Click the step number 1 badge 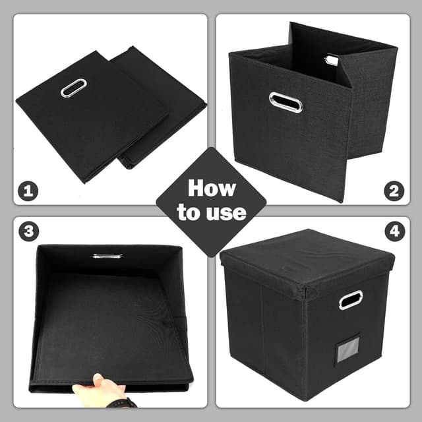click(x=28, y=192)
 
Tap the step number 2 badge click(x=394, y=192)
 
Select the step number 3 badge click(x=28, y=232)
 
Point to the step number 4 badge click(x=394, y=232)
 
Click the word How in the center click(x=211, y=189)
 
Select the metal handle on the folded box click(x=73, y=88)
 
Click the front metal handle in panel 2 click(x=286, y=102)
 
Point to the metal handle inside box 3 click(x=106, y=255)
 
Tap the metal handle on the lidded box click(x=350, y=299)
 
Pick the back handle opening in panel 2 click(x=330, y=60)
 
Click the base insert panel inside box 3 click(x=105, y=323)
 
